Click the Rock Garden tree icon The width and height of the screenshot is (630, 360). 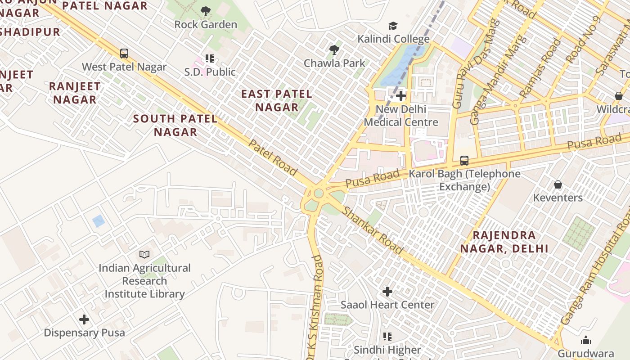[206, 11]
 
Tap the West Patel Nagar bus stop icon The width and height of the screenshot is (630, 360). [124, 54]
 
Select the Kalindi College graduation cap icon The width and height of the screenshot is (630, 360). [393, 26]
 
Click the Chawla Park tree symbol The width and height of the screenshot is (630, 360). [334, 49]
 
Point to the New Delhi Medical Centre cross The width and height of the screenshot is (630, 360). [401, 96]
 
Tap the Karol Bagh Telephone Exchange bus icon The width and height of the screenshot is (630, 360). [464, 161]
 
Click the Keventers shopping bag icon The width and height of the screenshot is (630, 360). [558, 184]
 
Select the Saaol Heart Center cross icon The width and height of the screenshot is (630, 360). [387, 292]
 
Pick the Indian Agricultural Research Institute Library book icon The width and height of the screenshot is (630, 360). [144, 255]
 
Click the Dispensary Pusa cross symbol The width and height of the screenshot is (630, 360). [84, 319]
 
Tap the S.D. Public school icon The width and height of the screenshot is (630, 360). [210, 58]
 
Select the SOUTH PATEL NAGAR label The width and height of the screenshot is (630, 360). [175, 126]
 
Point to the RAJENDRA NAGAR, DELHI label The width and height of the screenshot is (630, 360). [504, 242]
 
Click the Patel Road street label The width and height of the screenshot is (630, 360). [273, 157]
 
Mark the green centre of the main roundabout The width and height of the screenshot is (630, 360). [319, 193]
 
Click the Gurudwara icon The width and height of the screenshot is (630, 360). [586, 340]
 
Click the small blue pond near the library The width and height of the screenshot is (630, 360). [98, 221]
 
